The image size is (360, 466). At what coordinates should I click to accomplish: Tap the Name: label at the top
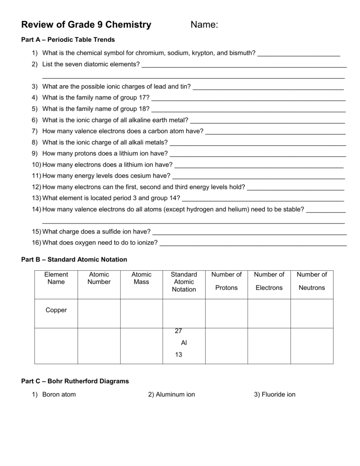coord(204,25)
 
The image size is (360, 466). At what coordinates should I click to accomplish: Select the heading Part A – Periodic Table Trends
coord(68,40)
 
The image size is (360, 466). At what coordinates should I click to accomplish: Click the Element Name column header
coord(56,278)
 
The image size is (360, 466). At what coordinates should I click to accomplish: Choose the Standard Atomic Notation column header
coord(184,282)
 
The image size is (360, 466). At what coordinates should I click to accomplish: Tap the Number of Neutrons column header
coord(312,281)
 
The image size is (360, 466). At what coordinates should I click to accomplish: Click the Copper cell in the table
coord(56,310)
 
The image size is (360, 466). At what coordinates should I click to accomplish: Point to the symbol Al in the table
coord(184,342)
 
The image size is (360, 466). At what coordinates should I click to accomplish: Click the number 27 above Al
coord(178,331)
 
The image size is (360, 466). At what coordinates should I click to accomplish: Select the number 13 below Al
coord(178,355)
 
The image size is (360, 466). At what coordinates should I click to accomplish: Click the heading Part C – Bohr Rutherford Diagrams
coord(75,381)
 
